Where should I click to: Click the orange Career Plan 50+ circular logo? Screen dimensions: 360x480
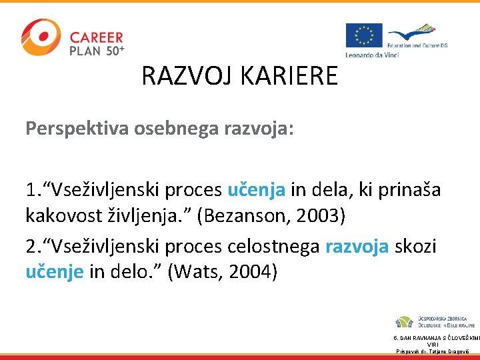coord(40,37)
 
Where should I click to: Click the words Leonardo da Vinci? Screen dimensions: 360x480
coord(371,54)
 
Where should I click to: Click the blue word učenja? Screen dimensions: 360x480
coord(257,189)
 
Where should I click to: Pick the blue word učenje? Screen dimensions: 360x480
coord(54,272)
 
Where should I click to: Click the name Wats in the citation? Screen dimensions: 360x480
coord(199,272)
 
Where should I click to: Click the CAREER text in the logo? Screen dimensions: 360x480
coord(96,37)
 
